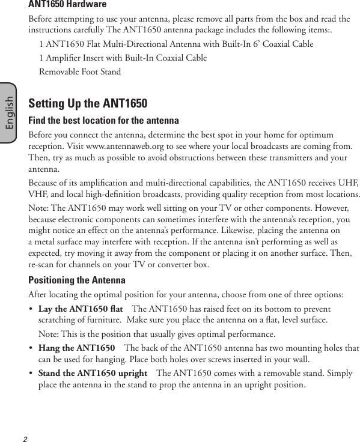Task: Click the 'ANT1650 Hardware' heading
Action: tap(67, 5)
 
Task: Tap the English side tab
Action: tap(9, 112)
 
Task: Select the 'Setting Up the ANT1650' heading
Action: tap(88, 103)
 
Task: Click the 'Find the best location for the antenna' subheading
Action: tap(95, 120)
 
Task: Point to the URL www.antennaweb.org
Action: tap(124, 147)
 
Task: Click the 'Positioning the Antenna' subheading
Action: tap(77, 280)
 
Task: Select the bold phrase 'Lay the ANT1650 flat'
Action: tap(81, 309)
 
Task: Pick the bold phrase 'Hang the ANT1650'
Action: tap(76, 348)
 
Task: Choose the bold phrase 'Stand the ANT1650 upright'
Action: tap(93, 374)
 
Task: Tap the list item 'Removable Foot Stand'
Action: tap(79, 72)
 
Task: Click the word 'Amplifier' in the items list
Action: tap(64, 58)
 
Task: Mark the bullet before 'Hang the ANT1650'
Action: tap(31, 348)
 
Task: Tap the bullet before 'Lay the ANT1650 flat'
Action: tap(31, 309)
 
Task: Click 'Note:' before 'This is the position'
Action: tap(49, 334)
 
